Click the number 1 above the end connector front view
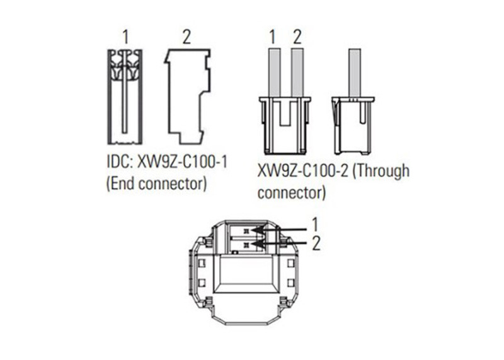[x=125, y=37]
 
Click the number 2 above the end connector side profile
[x=186, y=37]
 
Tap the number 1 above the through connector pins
[x=273, y=37]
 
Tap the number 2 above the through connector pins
[x=297, y=37]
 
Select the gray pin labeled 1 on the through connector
[x=275, y=73]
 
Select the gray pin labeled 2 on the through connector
[x=297, y=73]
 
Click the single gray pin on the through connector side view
[x=355, y=73]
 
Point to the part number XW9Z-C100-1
[x=182, y=162]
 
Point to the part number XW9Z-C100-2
[x=302, y=171]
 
